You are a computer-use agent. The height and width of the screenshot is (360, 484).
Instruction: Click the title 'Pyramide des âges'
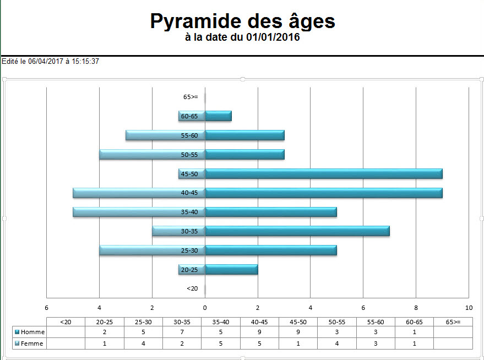[x=242, y=21]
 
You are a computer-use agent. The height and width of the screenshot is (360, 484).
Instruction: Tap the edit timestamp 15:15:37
[x=85, y=62]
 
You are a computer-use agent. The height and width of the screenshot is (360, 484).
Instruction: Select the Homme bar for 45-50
[x=324, y=174]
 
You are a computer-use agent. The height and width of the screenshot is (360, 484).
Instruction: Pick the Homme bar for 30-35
[x=297, y=231]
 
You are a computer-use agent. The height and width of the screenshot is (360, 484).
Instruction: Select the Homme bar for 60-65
[x=219, y=116]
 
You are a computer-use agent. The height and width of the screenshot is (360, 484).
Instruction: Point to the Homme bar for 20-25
[x=231, y=270]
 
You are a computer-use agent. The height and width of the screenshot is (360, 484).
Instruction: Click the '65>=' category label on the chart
[x=191, y=97]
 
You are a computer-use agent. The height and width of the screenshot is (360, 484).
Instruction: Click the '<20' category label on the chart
[x=192, y=288]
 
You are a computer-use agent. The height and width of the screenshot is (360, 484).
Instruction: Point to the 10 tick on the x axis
[x=469, y=308]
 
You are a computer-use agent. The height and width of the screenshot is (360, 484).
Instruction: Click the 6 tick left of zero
[x=47, y=308]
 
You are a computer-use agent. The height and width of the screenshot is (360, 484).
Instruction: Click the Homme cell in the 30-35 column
[x=182, y=332]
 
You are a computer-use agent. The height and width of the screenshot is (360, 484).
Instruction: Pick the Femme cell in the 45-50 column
[x=298, y=343]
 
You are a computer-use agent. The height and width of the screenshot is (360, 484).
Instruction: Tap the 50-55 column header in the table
[x=337, y=321]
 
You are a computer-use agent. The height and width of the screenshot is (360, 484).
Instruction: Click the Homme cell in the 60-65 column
[x=414, y=332]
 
